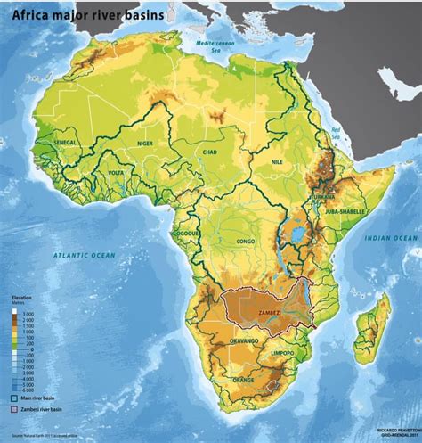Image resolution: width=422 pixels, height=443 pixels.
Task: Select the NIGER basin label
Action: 146,143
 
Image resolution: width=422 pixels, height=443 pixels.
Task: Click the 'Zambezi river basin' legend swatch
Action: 15,409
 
